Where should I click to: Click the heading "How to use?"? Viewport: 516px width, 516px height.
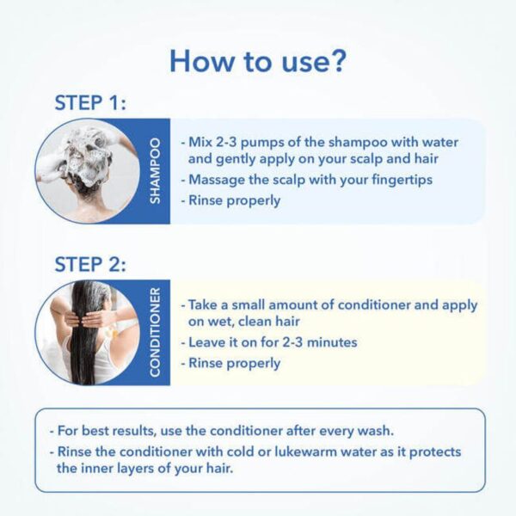pos(258,60)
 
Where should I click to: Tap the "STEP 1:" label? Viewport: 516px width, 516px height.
pos(90,102)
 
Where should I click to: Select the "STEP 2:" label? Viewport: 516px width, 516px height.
pos(90,264)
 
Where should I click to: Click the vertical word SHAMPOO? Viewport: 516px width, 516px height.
pos(155,170)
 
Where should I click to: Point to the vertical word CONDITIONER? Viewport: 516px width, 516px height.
pos(155,332)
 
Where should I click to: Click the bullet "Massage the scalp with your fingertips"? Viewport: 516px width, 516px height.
pos(306,180)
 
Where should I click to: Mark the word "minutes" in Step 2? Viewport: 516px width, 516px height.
pos(332,342)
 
